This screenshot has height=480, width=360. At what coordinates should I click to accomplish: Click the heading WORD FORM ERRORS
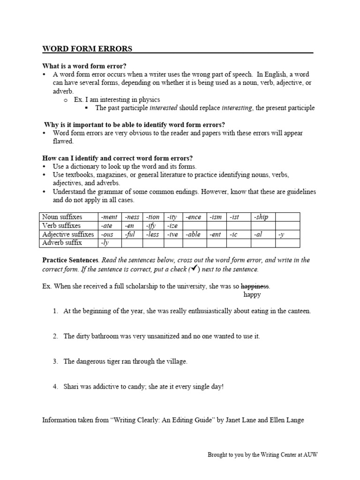pyautogui.click(x=87, y=49)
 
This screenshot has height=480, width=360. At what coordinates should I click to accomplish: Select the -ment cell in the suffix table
pyautogui.click(x=109, y=217)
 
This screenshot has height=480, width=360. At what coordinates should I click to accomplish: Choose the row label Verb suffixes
pyautogui.click(x=61, y=225)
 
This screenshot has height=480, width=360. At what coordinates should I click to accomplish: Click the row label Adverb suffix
pyautogui.click(x=62, y=243)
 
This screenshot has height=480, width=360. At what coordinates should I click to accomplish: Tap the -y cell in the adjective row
pyautogui.click(x=281, y=234)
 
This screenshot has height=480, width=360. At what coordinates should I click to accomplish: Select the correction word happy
pyautogui.click(x=252, y=295)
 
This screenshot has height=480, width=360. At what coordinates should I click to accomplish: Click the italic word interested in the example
pyautogui.click(x=163, y=108)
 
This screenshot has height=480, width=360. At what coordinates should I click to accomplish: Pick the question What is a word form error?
pyautogui.click(x=84, y=66)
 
